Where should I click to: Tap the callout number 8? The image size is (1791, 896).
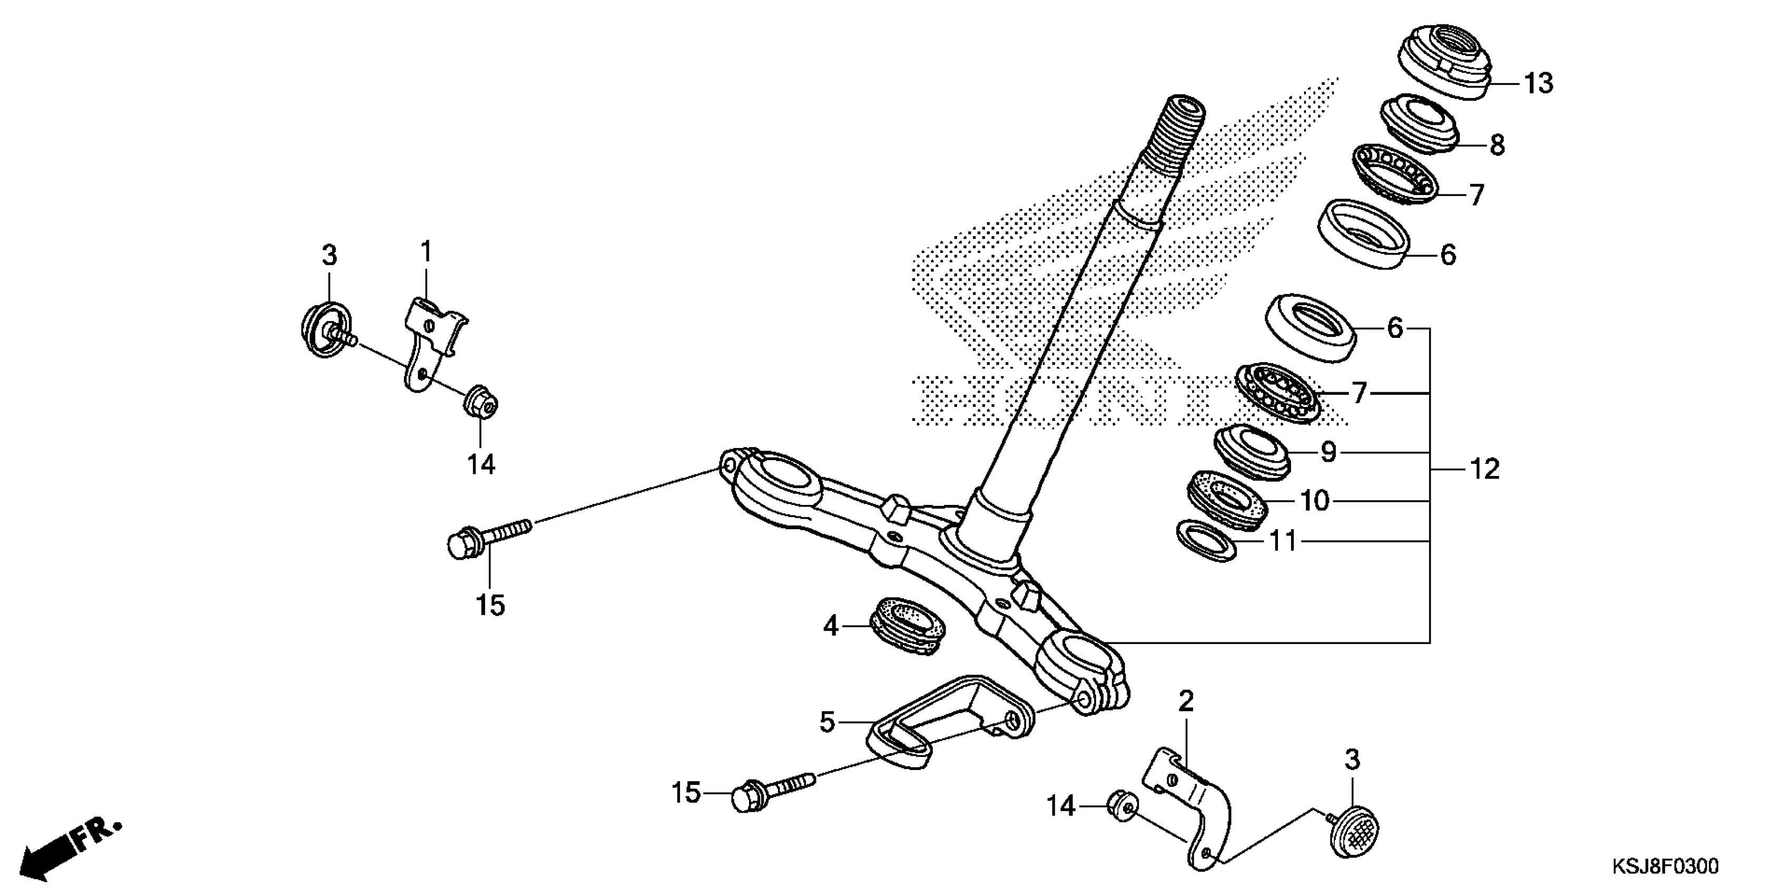1497,145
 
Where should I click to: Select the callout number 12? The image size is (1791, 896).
1484,470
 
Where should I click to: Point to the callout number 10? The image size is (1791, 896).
1314,501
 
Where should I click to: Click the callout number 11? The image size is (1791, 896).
1283,541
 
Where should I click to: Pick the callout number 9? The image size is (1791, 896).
1329,453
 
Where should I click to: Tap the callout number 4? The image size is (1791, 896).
831,627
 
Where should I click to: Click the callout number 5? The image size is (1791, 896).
826,722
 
